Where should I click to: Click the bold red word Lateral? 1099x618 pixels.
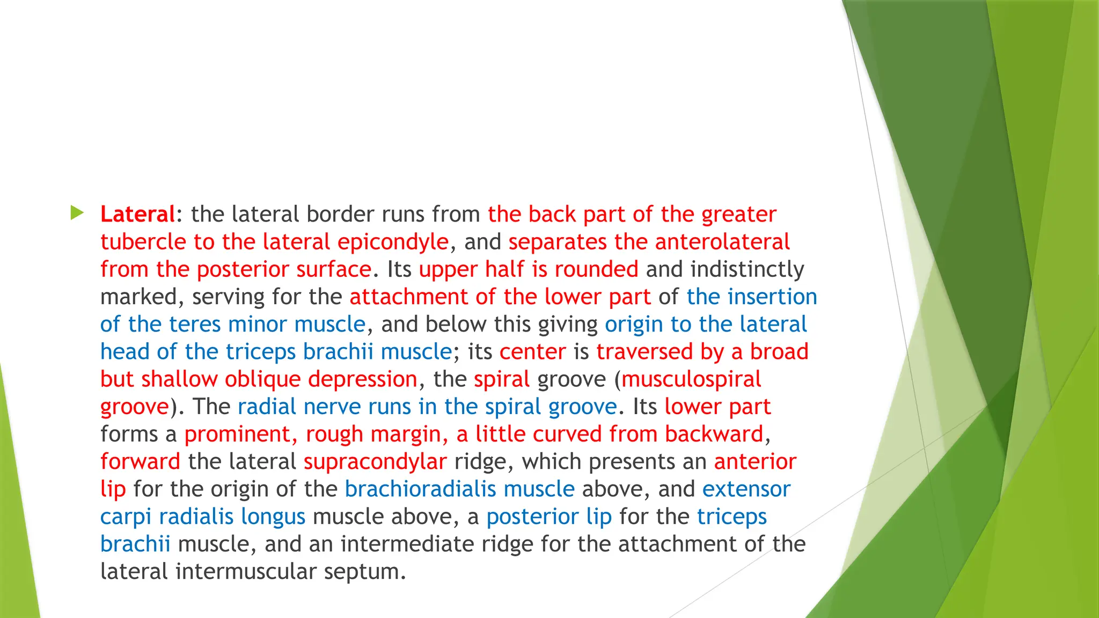tap(137, 214)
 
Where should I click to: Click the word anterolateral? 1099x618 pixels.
tap(722, 242)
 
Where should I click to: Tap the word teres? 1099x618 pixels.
tap(195, 324)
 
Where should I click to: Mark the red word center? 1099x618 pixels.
tap(532, 352)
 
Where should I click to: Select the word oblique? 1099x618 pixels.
tap(262, 379)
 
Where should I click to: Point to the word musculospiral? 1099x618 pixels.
tap(691, 379)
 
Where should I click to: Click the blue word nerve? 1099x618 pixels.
tap(332, 407)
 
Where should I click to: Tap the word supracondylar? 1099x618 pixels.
tap(375, 461)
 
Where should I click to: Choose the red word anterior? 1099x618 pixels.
tap(755, 461)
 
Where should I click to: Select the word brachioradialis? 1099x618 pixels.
tap(420, 489)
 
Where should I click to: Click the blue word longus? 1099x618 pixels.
tap(273, 517)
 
